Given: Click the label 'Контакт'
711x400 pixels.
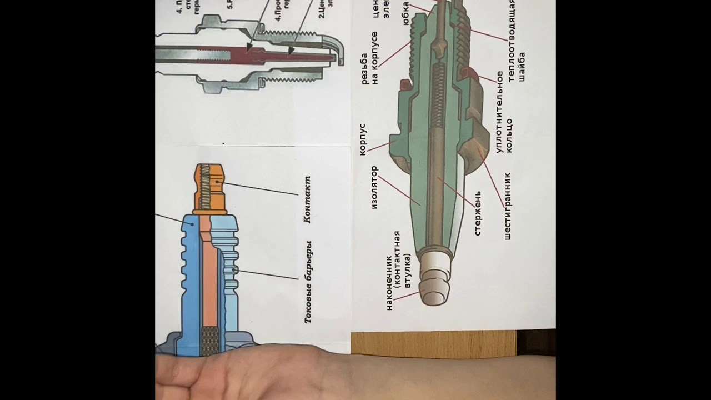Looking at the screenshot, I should pyautogui.click(x=307, y=199).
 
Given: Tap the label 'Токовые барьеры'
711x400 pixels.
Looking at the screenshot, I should pyautogui.click(x=308, y=282).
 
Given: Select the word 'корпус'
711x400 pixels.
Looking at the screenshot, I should pyautogui.click(x=363, y=139).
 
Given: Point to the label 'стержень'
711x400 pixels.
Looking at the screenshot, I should pyautogui.click(x=478, y=213).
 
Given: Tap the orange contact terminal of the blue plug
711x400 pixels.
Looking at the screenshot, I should pyautogui.click(x=210, y=189).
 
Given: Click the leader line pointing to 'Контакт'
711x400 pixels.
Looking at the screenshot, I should pyautogui.click(x=261, y=188).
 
